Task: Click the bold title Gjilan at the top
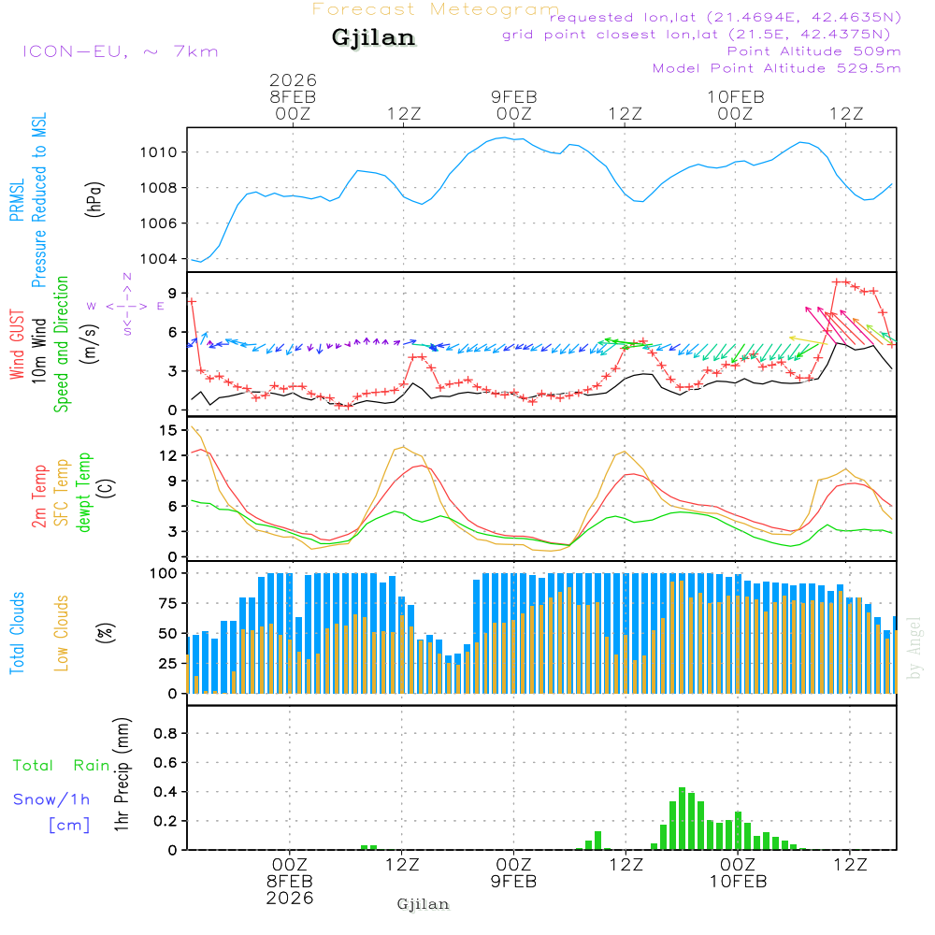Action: (373, 38)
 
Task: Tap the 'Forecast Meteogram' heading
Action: (436, 9)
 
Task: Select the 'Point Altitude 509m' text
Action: (813, 51)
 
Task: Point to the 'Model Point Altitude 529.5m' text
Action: (776, 68)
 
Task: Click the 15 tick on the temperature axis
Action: (168, 430)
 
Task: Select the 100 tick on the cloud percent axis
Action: (165, 572)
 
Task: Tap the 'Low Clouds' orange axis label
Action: (63, 632)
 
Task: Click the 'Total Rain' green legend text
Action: (62, 766)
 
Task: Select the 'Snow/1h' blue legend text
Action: (51, 799)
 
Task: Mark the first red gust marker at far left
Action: (192, 301)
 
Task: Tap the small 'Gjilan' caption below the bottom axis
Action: (423, 904)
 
